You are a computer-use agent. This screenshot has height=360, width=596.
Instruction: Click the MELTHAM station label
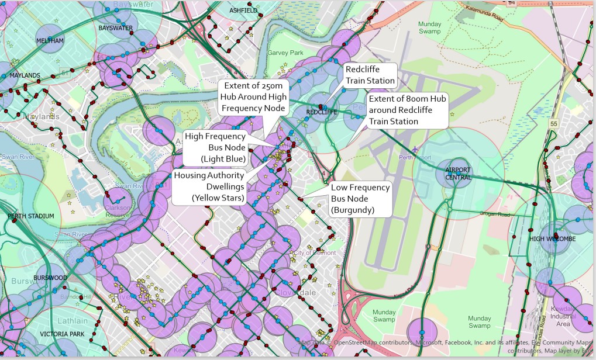click(x=50, y=40)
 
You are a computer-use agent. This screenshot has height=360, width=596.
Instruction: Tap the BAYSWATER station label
click(x=115, y=28)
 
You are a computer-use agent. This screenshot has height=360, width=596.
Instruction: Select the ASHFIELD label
click(x=243, y=11)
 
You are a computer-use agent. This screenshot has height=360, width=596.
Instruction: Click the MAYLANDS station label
click(x=25, y=75)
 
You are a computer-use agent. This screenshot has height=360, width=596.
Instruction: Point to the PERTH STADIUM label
click(x=30, y=216)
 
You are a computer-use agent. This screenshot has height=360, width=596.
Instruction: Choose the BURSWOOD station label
click(x=50, y=278)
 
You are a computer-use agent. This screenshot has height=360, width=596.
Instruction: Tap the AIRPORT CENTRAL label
click(x=457, y=174)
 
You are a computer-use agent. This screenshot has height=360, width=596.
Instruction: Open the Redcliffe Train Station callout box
click(x=370, y=75)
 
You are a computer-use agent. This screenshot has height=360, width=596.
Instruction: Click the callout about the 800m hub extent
click(x=407, y=110)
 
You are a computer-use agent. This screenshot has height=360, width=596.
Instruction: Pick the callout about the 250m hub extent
click(x=252, y=97)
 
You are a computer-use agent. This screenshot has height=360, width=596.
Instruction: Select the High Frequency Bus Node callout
click(x=215, y=147)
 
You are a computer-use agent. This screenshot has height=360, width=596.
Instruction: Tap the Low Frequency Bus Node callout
click(x=360, y=199)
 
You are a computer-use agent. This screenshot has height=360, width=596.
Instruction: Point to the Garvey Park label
click(x=285, y=53)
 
